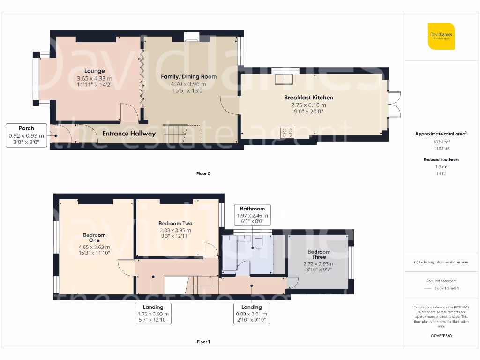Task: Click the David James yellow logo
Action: coord(441,36)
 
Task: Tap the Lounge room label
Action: coord(94,71)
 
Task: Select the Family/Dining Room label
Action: coord(188,76)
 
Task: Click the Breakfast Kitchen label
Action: coord(308,97)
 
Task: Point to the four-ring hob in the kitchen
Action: coord(287,132)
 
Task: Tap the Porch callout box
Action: coord(26,135)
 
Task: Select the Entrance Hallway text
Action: coord(129,134)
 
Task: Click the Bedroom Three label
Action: coord(319,255)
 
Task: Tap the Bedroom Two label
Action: coord(175,224)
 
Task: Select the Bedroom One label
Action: coord(94,238)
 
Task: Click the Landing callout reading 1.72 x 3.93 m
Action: coord(153,314)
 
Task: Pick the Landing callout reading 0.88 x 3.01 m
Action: coord(251,314)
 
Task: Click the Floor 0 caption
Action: coord(203,173)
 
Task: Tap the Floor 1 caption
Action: coord(203,342)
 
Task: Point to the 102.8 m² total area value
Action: coord(441,141)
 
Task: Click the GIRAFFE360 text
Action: coord(441,336)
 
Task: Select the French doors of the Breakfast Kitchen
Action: coord(395,103)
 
